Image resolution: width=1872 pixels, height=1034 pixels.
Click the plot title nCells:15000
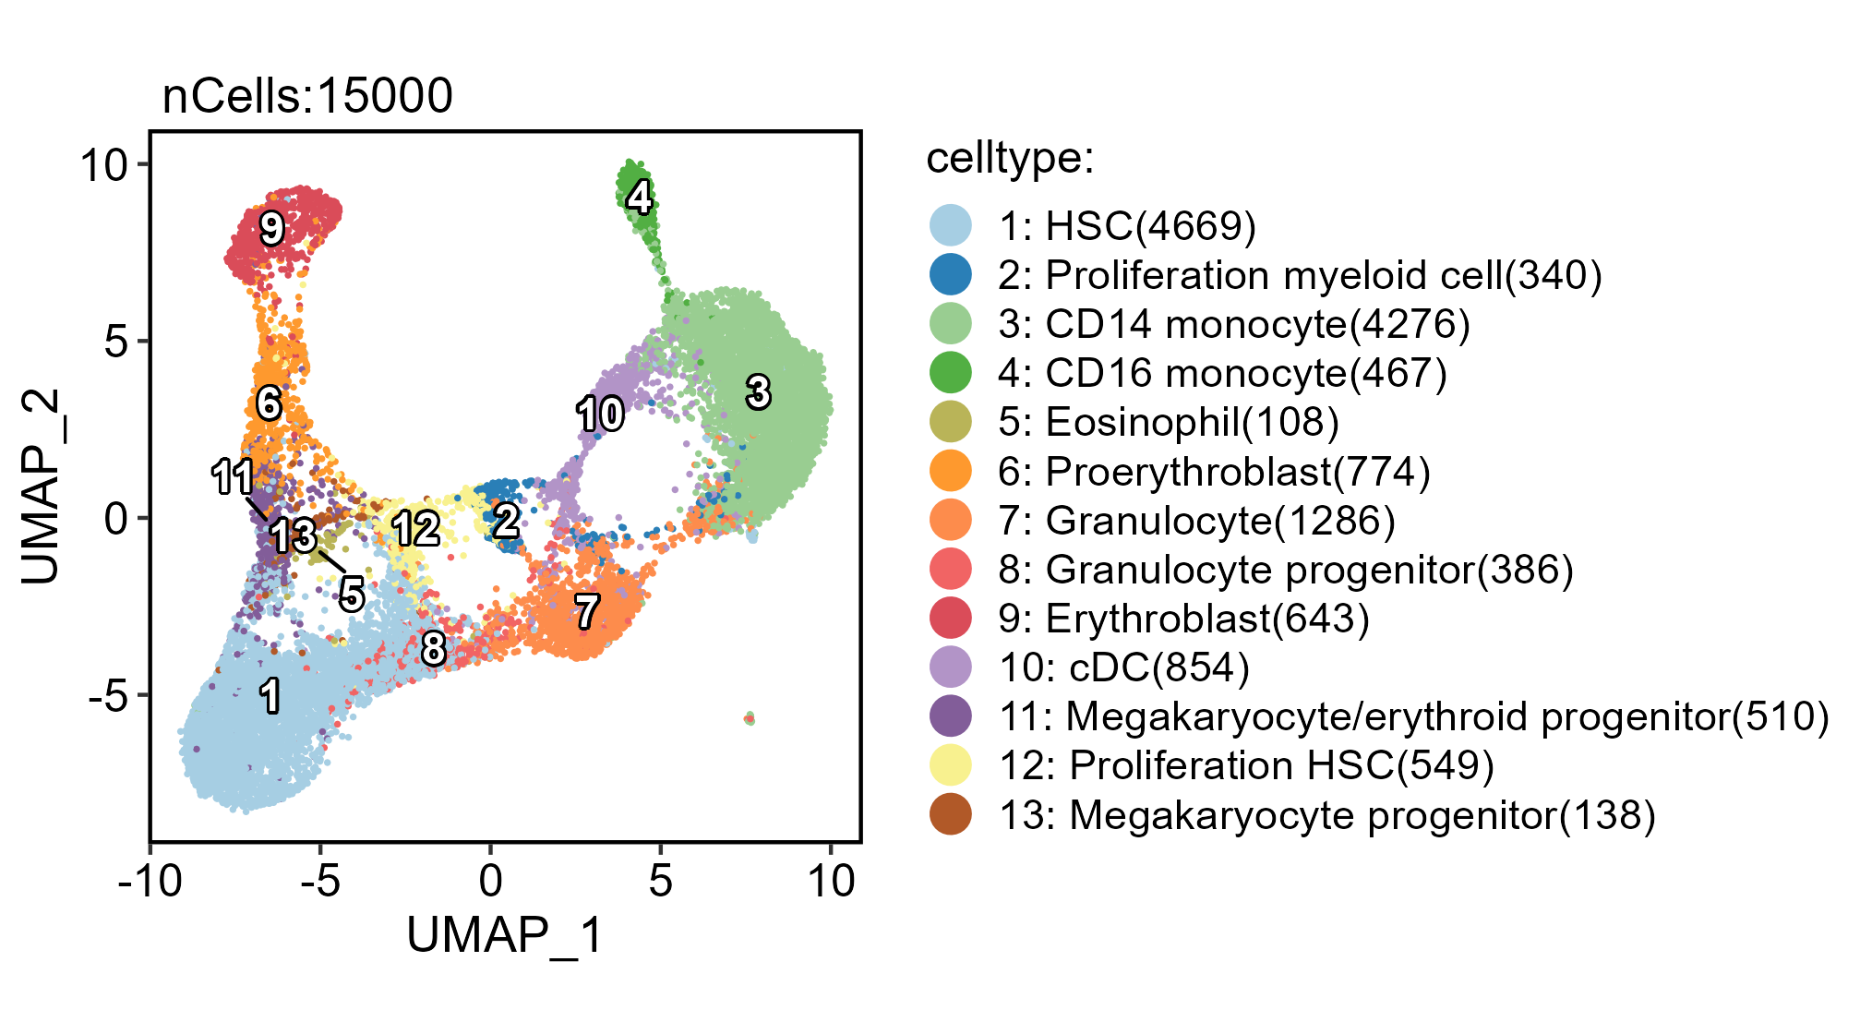pos(307,96)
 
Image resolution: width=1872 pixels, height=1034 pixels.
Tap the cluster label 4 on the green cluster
pos(639,197)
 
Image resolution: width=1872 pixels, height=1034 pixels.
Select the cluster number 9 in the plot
pos(271,228)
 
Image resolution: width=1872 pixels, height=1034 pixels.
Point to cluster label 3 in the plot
pos(758,392)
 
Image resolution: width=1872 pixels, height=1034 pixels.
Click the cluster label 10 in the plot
pos(600,415)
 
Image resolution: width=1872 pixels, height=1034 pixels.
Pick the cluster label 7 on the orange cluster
pos(587,611)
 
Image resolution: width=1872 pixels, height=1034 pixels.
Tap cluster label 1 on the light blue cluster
pos(270,695)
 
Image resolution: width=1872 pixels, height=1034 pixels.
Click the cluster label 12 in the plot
pos(416,530)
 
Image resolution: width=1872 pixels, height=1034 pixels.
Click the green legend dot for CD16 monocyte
pos(950,373)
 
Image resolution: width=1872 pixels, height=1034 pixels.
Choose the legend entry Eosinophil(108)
pos(1168,422)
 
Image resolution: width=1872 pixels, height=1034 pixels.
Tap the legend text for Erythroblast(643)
pos(1183,619)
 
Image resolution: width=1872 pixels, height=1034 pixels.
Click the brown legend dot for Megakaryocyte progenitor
pos(950,815)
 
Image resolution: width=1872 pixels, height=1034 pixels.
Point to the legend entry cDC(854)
pos(1123,667)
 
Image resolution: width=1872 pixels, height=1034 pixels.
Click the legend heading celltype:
pos(1010,158)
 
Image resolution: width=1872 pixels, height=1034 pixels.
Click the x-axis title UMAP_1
pos(505,935)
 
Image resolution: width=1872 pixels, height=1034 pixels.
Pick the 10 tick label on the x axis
pos(831,882)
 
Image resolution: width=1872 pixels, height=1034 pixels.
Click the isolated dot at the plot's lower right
pos(750,718)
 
